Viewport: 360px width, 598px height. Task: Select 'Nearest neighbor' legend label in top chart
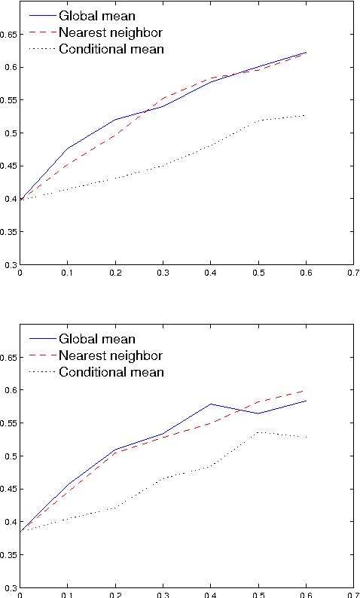tap(110, 33)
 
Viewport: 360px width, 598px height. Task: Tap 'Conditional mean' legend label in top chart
tap(111, 50)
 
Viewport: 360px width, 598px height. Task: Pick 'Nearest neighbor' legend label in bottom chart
tap(110, 355)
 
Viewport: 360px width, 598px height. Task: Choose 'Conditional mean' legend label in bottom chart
tap(111, 372)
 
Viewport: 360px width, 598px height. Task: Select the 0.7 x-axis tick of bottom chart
tap(352, 595)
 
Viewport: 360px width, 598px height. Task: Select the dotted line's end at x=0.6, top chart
tap(304, 115)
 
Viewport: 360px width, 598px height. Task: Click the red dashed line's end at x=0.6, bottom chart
tap(304, 390)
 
